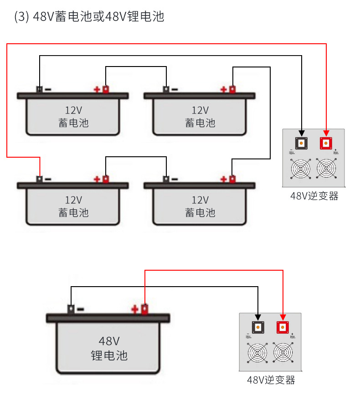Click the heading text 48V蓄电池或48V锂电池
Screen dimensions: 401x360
89,17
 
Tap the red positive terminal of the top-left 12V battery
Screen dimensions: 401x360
105,89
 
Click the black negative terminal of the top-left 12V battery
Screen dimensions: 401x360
40,89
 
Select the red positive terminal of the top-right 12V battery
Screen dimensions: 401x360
232,89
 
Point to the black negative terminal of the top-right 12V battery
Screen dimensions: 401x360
166,89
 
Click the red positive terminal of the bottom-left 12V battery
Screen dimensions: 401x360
105,179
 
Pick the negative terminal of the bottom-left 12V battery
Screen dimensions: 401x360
40,179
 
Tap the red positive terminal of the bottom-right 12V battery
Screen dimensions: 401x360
232,179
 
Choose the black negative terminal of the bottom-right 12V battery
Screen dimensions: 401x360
166,179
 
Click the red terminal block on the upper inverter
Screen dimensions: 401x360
326,143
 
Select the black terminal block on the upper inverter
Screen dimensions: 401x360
301,143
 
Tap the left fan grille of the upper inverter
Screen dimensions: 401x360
301,169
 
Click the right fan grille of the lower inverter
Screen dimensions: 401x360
283,352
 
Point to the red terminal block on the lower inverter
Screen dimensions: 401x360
283,327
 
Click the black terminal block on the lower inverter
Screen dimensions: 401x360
258,327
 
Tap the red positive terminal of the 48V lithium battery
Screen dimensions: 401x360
144,309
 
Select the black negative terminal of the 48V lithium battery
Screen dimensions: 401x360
71,309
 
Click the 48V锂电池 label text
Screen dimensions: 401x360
109,348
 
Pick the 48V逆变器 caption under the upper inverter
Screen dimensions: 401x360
314,196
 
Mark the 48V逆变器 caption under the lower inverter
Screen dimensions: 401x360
271,380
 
